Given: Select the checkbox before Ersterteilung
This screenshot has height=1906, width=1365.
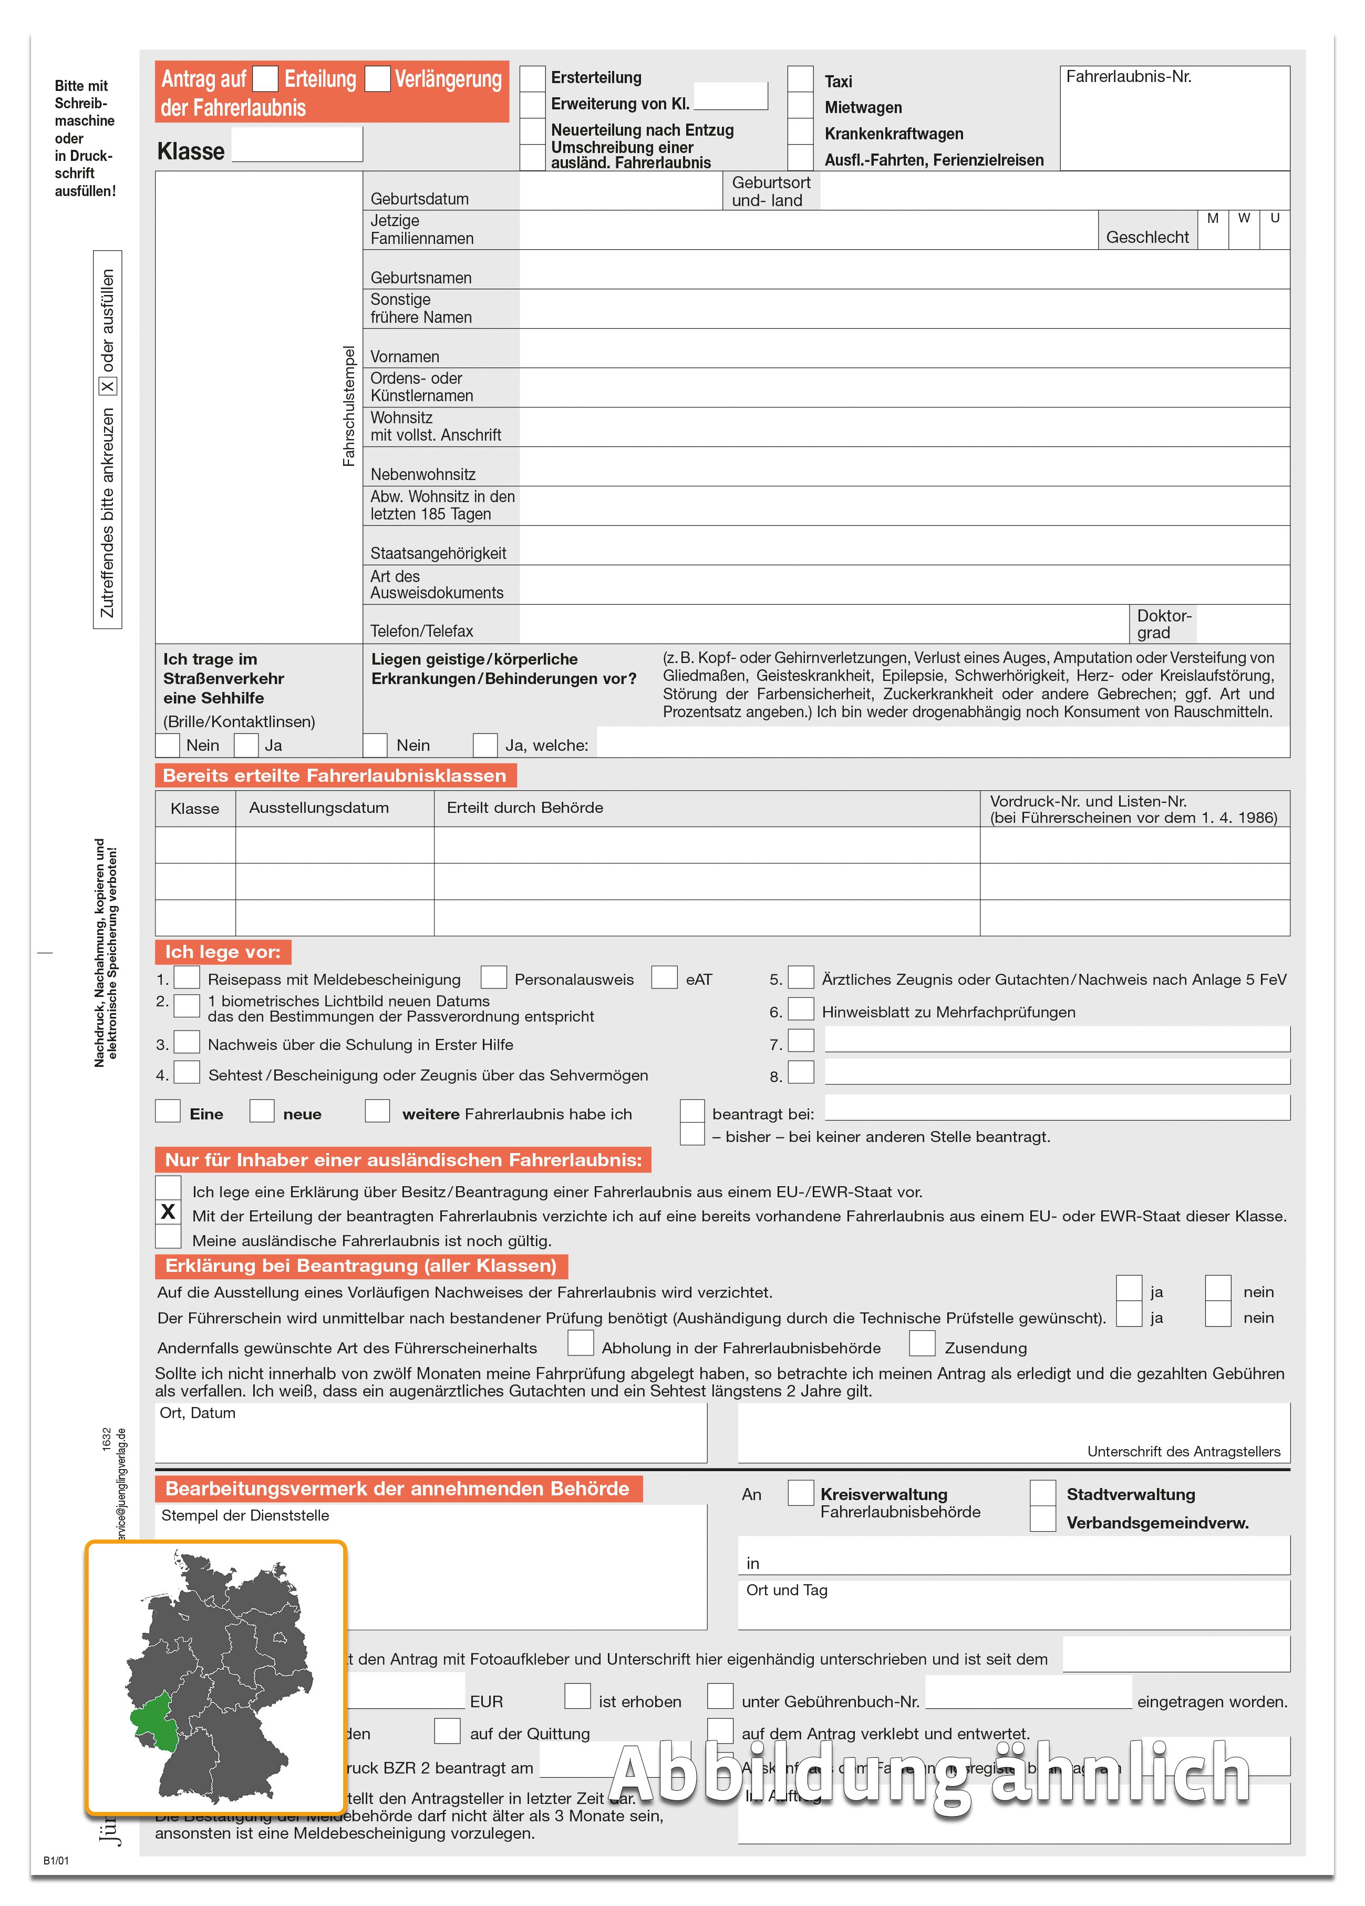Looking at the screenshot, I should click(533, 78).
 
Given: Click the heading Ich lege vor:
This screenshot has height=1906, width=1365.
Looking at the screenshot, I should click(223, 951).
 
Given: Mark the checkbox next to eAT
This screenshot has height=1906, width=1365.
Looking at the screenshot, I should click(665, 977).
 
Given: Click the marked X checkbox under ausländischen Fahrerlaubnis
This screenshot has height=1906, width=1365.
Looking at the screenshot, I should click(168, 1212).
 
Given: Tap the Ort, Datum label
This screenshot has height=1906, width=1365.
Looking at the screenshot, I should click(198, 1413).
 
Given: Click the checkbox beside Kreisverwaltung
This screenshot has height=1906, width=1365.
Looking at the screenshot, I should click(801, 1493).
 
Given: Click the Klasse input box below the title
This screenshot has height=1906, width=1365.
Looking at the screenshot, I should click(297, 145).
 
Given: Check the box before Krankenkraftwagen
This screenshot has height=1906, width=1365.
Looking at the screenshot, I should click(801, 132).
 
